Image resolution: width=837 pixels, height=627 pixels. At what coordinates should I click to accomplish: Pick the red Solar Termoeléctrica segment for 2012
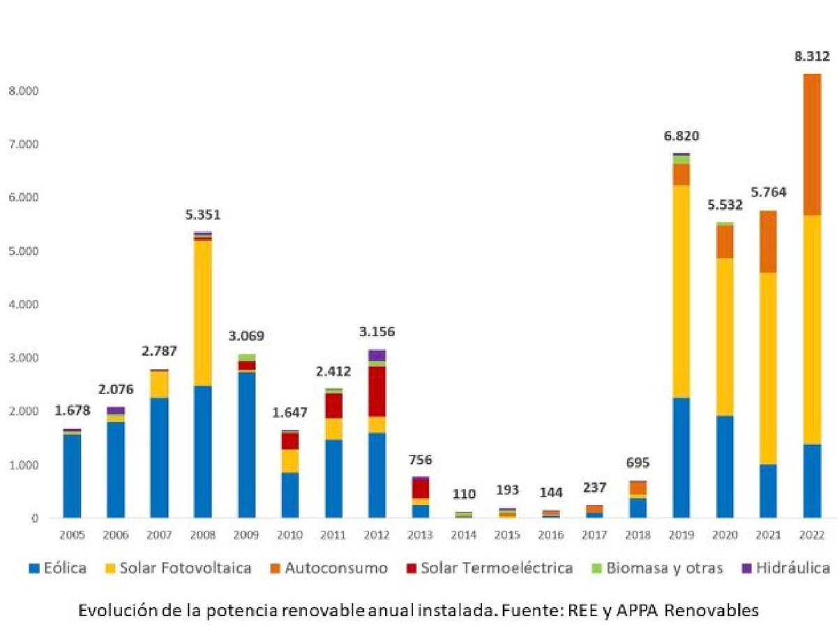tap(377, 391)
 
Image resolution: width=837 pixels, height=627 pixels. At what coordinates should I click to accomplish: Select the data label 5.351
tap(203, 215)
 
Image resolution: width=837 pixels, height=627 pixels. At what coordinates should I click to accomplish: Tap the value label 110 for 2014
tap(464, 494)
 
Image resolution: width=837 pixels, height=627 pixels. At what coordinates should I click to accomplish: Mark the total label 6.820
tap(681, 136)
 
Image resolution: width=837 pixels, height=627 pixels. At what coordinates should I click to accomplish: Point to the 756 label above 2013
tap(420, 460)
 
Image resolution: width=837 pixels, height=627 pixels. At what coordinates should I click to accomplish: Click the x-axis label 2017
tap(594, 536)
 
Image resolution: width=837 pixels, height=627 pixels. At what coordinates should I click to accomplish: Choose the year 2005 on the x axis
tap(73, 536)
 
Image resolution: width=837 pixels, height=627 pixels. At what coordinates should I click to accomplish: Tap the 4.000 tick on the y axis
tap(24, 305)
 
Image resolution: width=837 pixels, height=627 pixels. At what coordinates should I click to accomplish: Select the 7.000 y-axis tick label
tap(24, 144)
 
